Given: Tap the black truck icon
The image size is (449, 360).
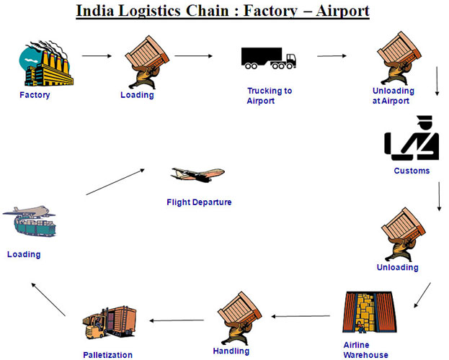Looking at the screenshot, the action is coord(269,58).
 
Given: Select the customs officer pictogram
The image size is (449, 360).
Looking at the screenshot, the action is coord(412,138).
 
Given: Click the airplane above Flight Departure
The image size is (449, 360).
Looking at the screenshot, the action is coord(197,174).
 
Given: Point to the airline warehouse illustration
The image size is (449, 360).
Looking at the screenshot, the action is coord(370,312).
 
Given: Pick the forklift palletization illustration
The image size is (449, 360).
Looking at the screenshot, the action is coord(109,323).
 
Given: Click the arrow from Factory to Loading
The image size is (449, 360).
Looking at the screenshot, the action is coord(97,56).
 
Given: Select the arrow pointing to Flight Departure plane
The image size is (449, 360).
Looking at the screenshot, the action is coord(115,181).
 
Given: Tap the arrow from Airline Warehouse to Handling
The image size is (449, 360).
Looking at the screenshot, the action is coord(301,316).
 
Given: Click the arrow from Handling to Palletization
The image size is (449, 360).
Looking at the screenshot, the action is coord(177,320).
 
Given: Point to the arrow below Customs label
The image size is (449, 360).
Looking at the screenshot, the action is coord(439,197).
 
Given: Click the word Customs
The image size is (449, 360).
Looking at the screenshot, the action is coord(412,171).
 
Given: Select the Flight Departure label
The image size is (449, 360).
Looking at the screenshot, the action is coord(199,202).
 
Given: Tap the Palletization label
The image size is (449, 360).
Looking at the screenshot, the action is coord(107,355).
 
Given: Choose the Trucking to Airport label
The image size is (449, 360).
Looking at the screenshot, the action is coord(270,96).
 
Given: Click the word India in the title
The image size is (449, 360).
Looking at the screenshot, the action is coord(95,11).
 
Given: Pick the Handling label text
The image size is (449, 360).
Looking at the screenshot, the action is coord(231,351).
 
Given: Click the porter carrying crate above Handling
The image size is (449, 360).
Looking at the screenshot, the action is coord(239,318).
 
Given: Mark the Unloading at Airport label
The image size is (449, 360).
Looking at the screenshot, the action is coord(394,96).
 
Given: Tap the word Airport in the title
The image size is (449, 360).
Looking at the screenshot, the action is coord(342,12).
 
